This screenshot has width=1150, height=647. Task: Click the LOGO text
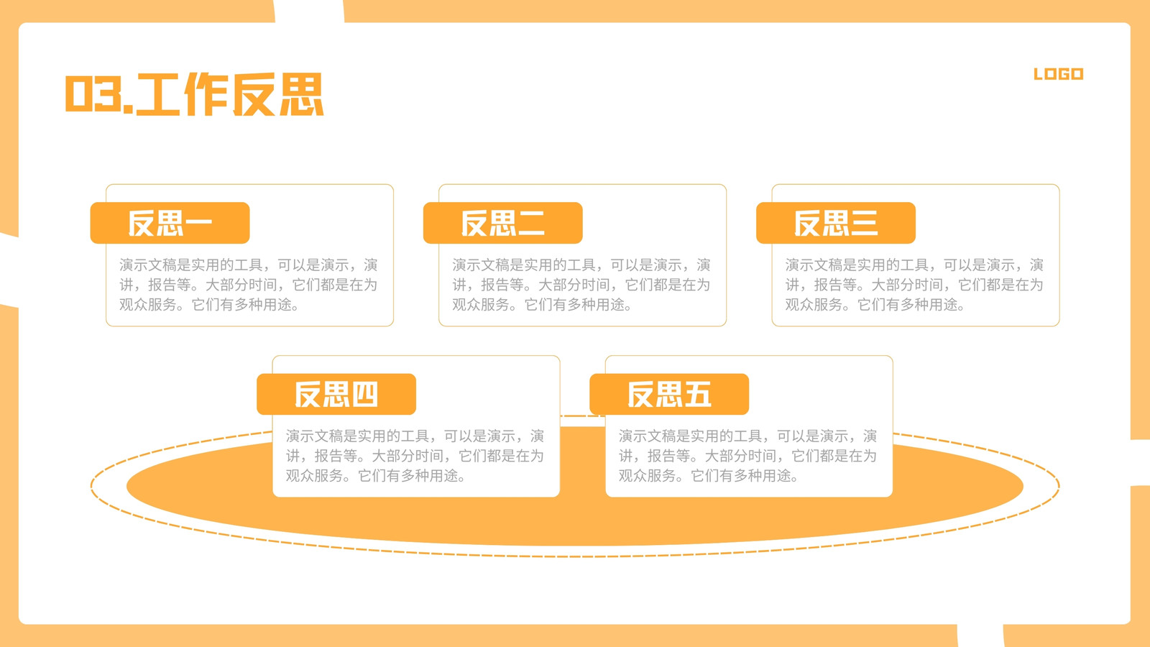pyautogui.click(x=1058, y=74)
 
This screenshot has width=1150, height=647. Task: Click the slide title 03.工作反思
pyautogui.click(x=194, y=94)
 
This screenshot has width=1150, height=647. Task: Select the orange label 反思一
pyautogui.click(x=170, y=223)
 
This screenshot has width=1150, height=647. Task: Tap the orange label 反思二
pyautogui.click(x=502, y=223)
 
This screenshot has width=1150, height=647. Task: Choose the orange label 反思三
pyautogui.click(x=836, y=223)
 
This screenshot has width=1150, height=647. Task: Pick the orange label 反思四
pyautogui.click(x=336, y=395)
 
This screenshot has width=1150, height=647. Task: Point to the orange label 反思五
pyautogui.click(x=669, y=395)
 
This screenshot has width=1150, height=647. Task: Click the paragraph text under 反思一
pyautogui.click(x=249, y=285)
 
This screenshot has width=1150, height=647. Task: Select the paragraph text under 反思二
pyautogui.click(x=581, y=285)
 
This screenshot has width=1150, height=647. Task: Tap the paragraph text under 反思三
pyautogui.click(x=914, y=285)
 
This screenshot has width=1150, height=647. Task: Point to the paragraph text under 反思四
pyautogui.click(x=415, y=456)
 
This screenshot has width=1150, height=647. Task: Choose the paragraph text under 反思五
pyautogui.click(x=747, y=456)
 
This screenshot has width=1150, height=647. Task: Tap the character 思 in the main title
pyautogui.click(x=301, y=94)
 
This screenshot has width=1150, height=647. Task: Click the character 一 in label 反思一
pyautogui.click(x=197, y=224)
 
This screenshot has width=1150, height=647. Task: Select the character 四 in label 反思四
pyautogui.click(x=364, y=395)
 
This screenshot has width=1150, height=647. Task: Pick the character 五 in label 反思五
pyautogui.click(x=696, y=395)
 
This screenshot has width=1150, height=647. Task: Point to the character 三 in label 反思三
pyautogui.click(x=863, y=224)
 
